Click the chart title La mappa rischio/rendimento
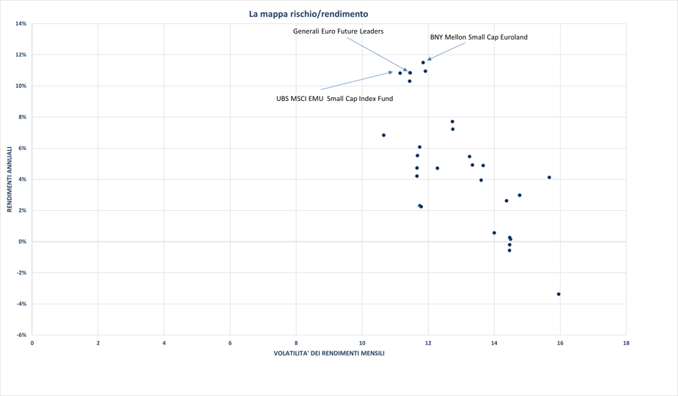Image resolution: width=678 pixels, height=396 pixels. pos(309,14)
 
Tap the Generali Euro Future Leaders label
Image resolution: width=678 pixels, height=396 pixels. pos(338,31)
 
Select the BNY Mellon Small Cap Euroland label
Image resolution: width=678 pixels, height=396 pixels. pos(478,37)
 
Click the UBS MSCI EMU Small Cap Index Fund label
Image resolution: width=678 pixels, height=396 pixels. pos(334,99)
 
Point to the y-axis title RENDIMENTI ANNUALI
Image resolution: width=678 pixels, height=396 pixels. pos(10,179)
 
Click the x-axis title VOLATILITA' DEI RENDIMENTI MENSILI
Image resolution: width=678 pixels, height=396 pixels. pos(329,354)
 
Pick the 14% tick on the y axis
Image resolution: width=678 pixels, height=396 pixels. pos(21,24)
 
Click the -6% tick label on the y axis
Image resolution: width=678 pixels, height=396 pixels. pos(21,335)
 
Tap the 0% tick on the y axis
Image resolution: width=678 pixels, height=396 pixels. pos(23,242)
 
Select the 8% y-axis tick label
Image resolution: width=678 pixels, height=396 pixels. pos(23,117)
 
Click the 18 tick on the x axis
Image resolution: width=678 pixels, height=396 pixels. pos(626,343)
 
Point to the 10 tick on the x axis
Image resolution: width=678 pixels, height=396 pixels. pos(362,343)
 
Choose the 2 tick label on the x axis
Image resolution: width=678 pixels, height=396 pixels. pos(98,343)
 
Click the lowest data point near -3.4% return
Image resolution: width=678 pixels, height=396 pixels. pos(559,294)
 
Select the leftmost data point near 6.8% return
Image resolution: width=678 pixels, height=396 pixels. pos(383,135)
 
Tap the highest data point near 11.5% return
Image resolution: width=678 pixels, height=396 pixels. pos(423,63)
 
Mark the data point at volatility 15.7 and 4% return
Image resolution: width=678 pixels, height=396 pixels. pos(549,178)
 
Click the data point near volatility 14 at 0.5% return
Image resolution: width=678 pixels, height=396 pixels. pos(494,233)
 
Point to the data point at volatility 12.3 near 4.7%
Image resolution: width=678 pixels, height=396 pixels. pos(438,168)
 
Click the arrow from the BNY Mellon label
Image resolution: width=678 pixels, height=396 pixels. pos(446,51)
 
